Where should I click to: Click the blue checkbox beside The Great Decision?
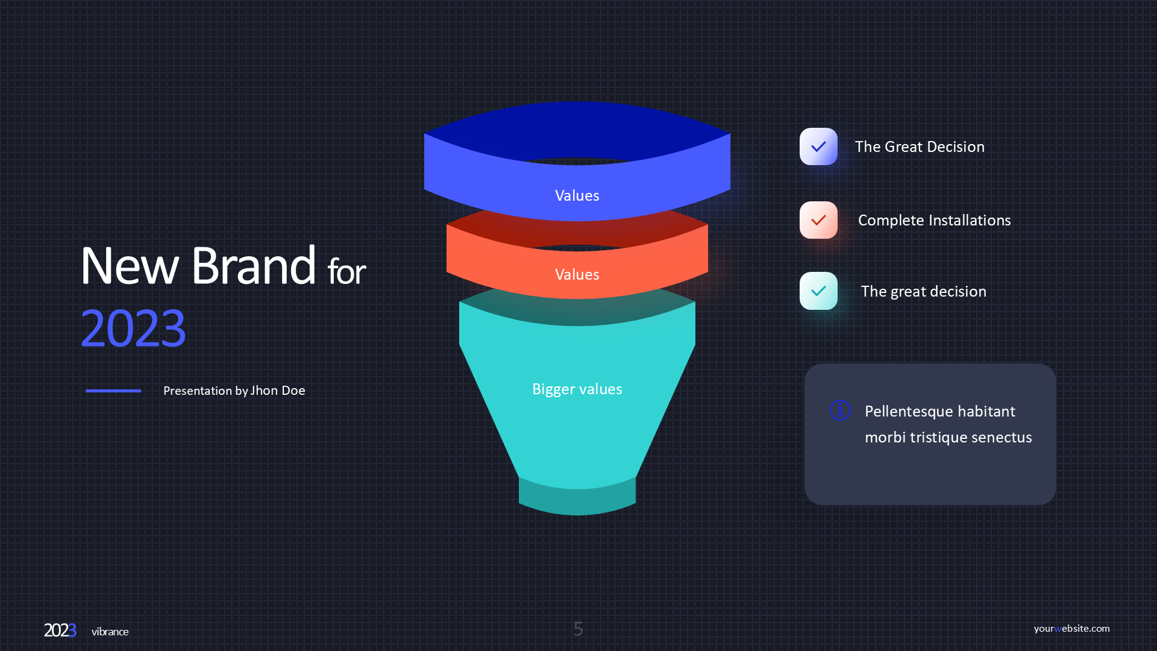tap(818, 146)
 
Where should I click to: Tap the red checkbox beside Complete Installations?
tap(818, 220)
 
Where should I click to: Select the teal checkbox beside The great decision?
tap(818, 291)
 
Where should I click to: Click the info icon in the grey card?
tap(840, 410)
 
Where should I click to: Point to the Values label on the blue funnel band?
tap(577, 195)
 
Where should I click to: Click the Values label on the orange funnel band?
tap(577, 274)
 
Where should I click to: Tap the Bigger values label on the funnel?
tap(577, 389)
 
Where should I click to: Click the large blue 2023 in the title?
tap(133, 329)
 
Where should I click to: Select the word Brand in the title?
tap(254, 265)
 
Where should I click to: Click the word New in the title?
tap(130, 266)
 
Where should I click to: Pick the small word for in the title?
tap(346, 271)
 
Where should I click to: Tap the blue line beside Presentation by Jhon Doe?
tap(113, 391)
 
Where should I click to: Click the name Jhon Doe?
tap(278, 391)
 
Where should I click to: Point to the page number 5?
tap(578, 629)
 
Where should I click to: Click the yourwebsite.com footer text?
tap(1072, 628)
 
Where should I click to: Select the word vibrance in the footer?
tap(110, 632)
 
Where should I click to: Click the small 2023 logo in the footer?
tap(60, 631)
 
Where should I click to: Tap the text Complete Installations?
tap(935, 220)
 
